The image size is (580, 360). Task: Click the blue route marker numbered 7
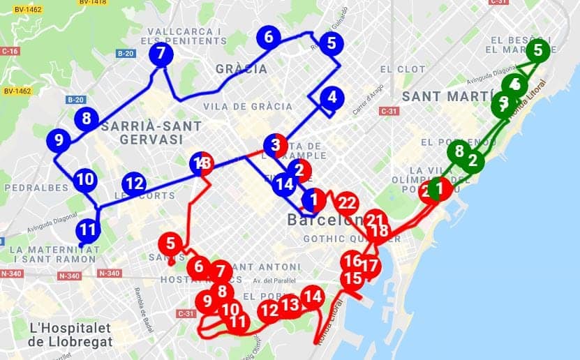pyautogui.click(x=161, y=53)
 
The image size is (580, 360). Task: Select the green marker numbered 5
pyautogui.click(x=537, y=50)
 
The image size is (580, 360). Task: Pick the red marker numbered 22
pyautogui.click(x=346, y=204)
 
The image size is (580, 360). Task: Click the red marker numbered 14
pyautogui.click(x=314, y=297)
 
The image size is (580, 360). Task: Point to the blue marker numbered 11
pyautogui.click(x=87, y=229)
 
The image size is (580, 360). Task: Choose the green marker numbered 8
pyautogui.click(x=459, y=150)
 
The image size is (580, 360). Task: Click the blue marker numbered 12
pyautogui.click(x=135, y=185)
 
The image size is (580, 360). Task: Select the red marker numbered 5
pyautogui.click(x=170, y=245)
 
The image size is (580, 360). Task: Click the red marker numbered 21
pyautogui.click(x=375, y=220)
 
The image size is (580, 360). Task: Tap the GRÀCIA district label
pyautogui.click(x=241, y=69)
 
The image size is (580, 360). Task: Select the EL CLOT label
pyautogui.click(x=403, y=69)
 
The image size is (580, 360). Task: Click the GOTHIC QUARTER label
pyautogui.click(x=335, y=239)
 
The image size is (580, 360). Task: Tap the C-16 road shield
pyautogui.click(x=10, y=51)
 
